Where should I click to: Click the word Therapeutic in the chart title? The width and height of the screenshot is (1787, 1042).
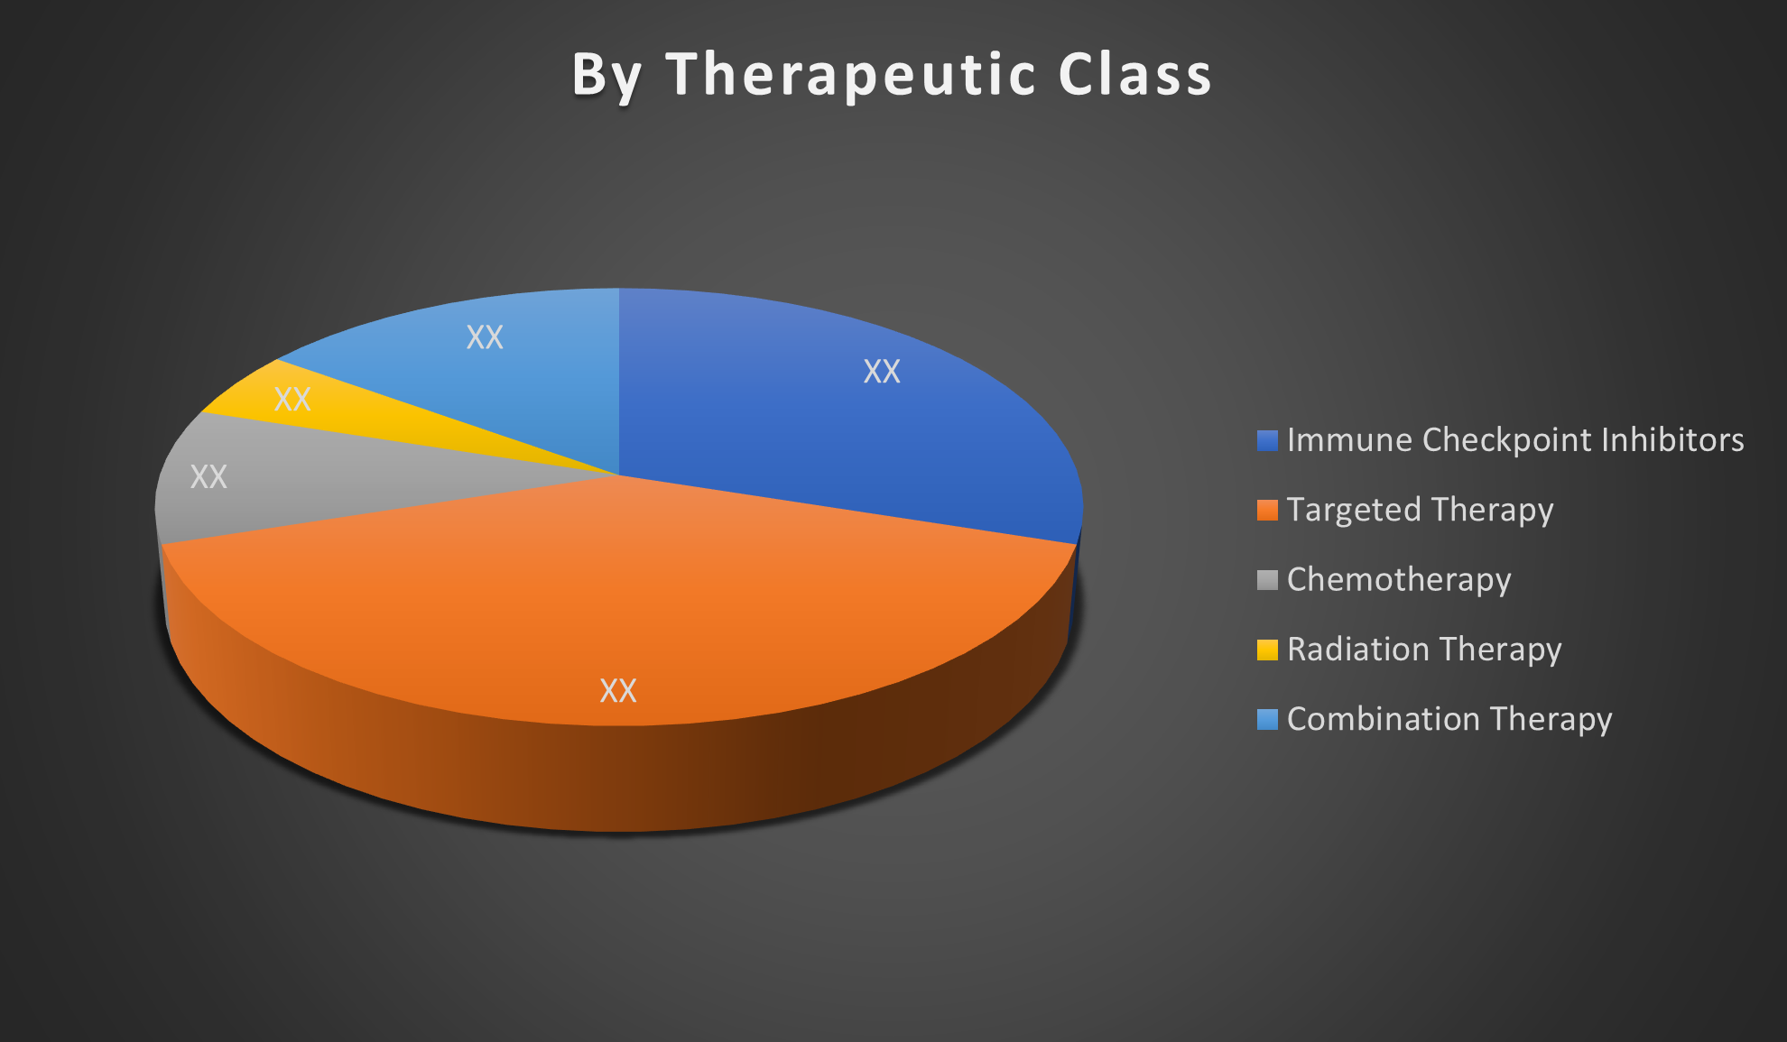[x=850, y=74]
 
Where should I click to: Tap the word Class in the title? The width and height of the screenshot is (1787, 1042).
[x=1135, y=74]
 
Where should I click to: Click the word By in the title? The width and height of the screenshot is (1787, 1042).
[x=606, y=76]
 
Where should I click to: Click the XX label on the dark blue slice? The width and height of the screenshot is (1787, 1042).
[x=882, y=372]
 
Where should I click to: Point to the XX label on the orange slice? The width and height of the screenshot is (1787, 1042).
[x=618, y=691]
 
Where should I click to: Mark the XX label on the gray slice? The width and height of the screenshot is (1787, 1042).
[x=208, y=477]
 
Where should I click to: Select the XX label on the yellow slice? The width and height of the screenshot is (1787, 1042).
[x=292, y=400]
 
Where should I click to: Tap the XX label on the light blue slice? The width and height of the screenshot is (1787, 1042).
[x=485, y=337]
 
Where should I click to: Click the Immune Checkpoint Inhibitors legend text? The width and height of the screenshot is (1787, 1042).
[x=1515, y=440]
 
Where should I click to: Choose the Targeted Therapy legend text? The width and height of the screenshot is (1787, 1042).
[x=1421, y=511]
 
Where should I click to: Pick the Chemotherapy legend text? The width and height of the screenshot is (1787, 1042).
[x=1399, y=580]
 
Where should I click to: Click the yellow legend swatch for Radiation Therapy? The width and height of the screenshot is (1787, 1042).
[x=1267, y=650]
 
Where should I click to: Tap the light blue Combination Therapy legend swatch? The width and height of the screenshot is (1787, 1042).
[x=1267, y=719]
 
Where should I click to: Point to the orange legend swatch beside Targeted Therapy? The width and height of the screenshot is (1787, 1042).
[x=1267, y=511]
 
